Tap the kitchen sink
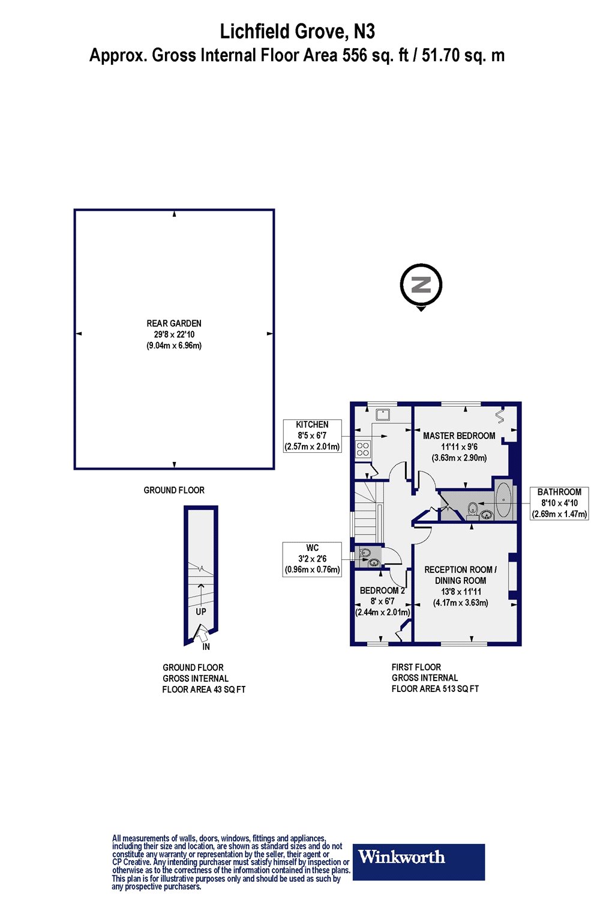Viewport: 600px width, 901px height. pyautogui.click(x=382, y=414)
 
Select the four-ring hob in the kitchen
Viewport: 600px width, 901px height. pyautogui.click(x=363, y=449)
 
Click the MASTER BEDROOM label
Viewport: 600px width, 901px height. pyautogui.click(x=459, y=435)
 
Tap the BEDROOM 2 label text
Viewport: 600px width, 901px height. pyautogui.click(x=382, y=590)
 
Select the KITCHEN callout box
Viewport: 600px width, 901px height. pyautogui.click(x=312, y=435)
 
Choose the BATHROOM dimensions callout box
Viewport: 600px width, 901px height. pyautogui.click(x=559, y=503)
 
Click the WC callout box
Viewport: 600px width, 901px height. pyautogui.click(x=312, y=559)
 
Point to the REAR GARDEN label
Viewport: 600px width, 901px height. pyautogui.click(x=174, y=323)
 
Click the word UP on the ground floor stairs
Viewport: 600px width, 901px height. pyautogui.click(x=201, y=611)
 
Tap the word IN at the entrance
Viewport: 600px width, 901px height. pyautogui.click(x=206, y=647)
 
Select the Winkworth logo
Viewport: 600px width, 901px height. pyautogui.click(x=419, y=862)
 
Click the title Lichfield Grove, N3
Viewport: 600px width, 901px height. pyautogui.click(x=298, y=31)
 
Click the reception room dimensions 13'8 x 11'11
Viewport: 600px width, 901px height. pyautogui.click(x=461, y=592)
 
